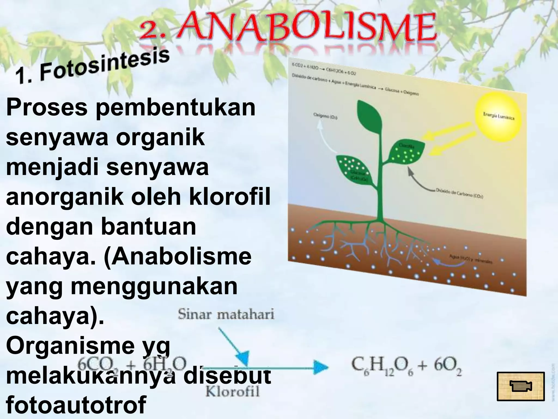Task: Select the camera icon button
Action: [521, 386]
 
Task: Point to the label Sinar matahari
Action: [226, 315]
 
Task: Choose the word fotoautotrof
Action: [76, 405]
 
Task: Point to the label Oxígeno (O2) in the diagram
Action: [326, 117]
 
